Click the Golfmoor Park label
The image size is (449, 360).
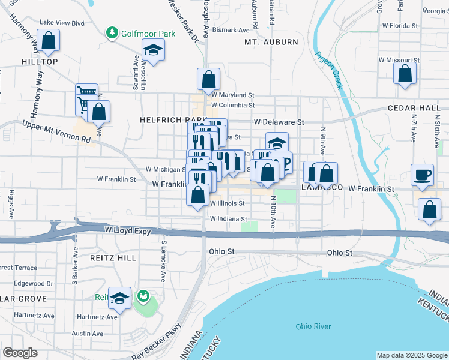[x=148, y=34]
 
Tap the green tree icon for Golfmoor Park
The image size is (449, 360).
[x=111, y=32]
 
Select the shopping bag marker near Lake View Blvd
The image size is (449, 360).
[x=50, y=41]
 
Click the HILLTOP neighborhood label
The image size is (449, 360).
[x=40, y=62]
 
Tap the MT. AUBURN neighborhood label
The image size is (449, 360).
[x=271, y=42]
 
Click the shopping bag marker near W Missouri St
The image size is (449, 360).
[x=405, y=74]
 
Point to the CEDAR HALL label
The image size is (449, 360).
[x=423, y=108]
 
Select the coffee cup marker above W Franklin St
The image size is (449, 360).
[x=423, y=175]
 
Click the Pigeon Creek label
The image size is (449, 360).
[x=329, y=70]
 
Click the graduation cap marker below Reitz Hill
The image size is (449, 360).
[x=120, y=298]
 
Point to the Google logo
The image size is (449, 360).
[x=20, y=353]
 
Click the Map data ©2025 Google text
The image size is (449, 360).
[x=411, y=355]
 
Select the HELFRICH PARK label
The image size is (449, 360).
[x=164, y=120]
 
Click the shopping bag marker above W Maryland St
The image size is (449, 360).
[x=208, y=79]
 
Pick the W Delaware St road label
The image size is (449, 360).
[x=279, y=122]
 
